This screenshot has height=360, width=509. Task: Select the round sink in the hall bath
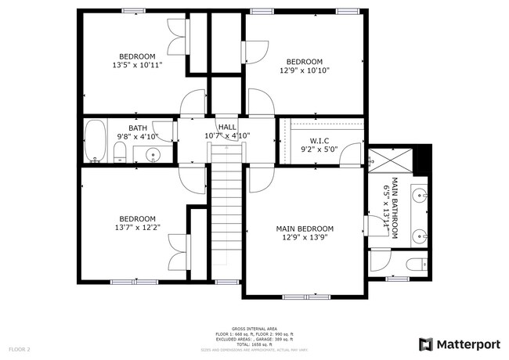[153, 153]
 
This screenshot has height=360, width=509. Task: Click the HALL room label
[227, 127]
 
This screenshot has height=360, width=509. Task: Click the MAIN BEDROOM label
[305, 229]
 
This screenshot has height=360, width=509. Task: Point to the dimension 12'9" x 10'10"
[305, 70]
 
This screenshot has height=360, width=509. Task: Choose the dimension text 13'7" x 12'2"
[137, 228]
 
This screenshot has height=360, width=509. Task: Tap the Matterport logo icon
[426, 344]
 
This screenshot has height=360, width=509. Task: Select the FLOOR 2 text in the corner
[20, 348]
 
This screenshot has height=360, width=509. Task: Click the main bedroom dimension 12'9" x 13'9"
[305, 238]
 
